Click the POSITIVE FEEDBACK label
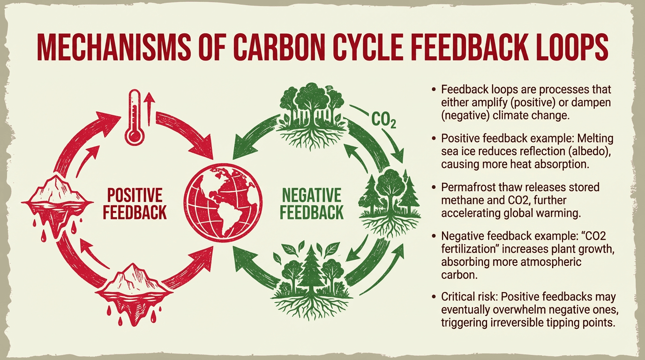[135, 203]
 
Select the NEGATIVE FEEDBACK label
[311, 203]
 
